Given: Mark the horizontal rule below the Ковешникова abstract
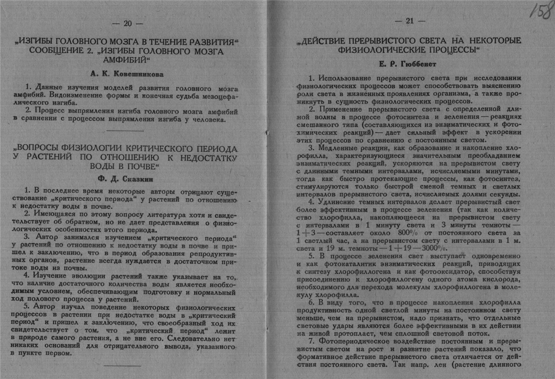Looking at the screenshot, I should [x=125, y=130].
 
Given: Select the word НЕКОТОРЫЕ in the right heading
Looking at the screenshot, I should [x=493, y=40].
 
